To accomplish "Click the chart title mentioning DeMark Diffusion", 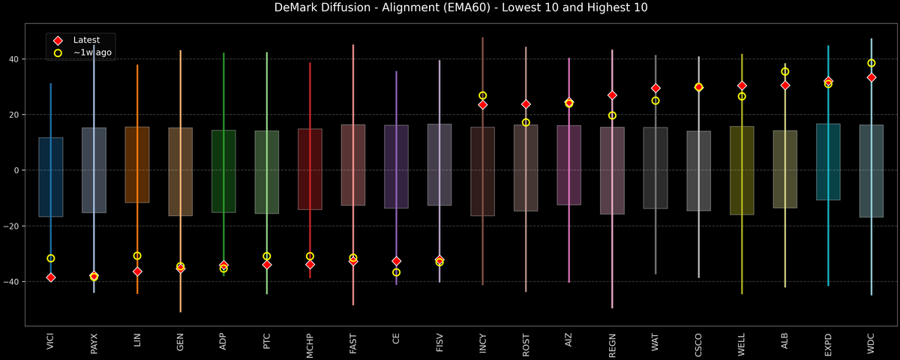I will coord(449,8).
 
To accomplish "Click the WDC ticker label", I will coord(871,344).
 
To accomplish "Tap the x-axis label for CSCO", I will coord(699,344).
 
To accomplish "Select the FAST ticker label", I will coord(353,344).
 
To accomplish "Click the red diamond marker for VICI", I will coord(51,277).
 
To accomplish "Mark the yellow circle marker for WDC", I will coord(871,63).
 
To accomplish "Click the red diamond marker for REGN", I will coord(612,95).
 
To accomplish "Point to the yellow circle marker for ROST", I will coord(526,122).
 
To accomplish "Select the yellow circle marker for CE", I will coord(396,272).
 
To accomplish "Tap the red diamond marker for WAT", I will coord(655,88).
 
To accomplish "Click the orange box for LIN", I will coord(137,165).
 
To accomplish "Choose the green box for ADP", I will coord(223,171).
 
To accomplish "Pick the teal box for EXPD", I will coord(828,162).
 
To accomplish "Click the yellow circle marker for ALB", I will coord(785,72).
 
